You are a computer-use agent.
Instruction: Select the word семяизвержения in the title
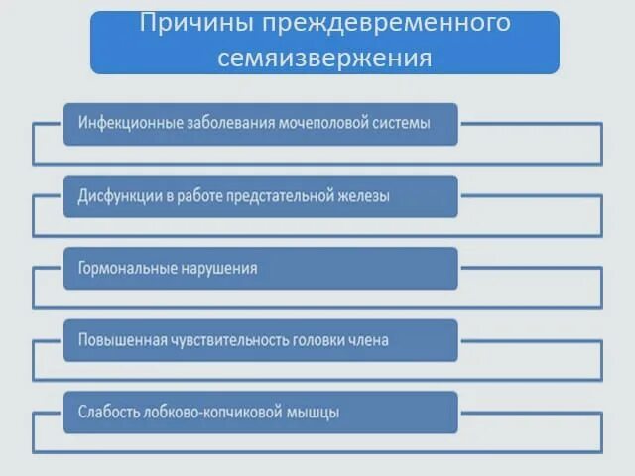coord(324,58)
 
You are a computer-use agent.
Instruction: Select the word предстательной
coord(283,196)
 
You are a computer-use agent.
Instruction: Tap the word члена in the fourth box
coord(369,340)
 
